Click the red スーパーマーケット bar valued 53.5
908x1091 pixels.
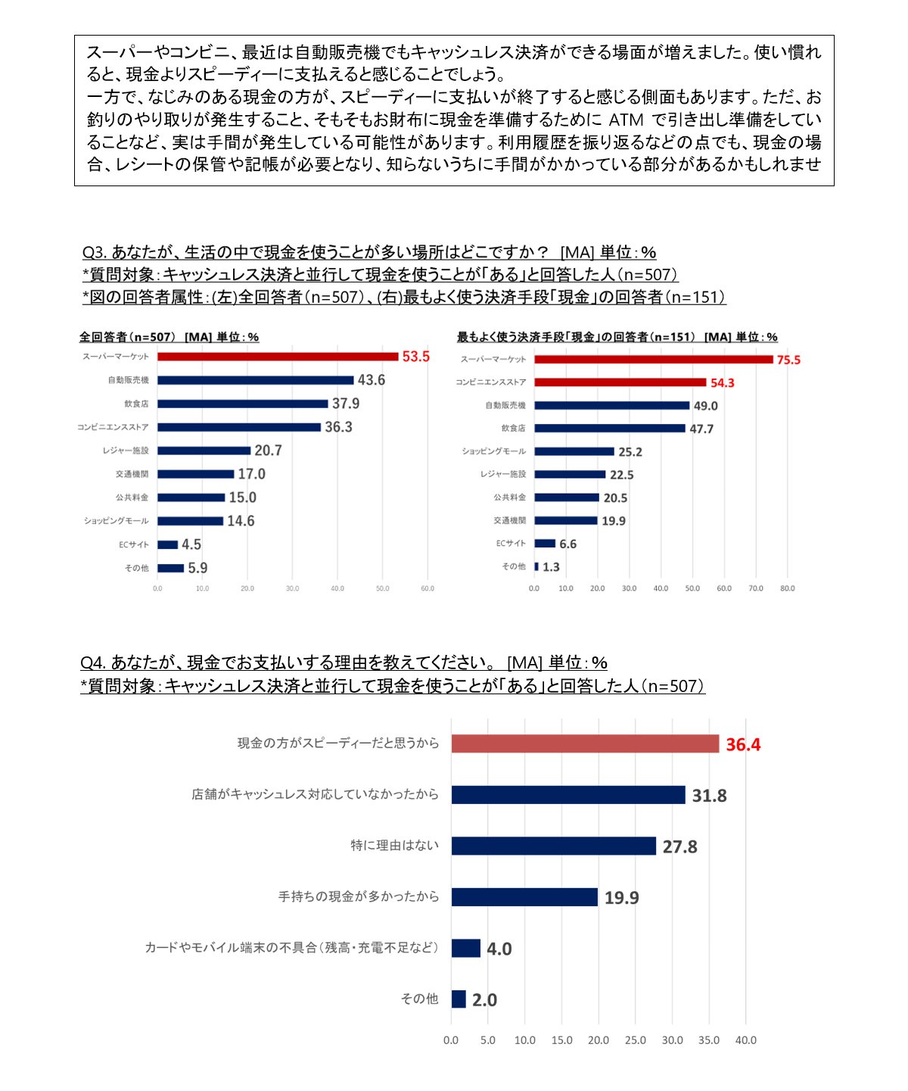(278, 357)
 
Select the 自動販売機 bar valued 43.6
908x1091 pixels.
(255, 380)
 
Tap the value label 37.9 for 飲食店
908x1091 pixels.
(346, 404)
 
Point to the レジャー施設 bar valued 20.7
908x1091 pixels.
(204, 450)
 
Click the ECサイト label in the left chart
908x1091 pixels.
(134, 544)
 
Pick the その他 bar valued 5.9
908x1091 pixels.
(171, 568)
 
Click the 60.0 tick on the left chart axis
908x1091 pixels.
(428, 588)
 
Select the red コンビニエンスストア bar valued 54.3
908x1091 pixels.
(620, 382)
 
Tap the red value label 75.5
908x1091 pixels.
(788, 360)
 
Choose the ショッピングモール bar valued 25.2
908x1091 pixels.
(574, 451)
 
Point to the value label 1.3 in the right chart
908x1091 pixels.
(551, 567)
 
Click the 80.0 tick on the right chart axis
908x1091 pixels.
(788, 588)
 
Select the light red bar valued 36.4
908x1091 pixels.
(586, 743)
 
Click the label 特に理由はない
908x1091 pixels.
(395, 846)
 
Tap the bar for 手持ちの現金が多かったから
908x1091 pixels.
(525, 897)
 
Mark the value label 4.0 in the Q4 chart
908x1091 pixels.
(499, 949)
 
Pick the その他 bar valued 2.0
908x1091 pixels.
(459, 999)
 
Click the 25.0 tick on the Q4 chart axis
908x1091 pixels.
(636, 1040)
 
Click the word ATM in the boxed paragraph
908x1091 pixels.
(626, 120)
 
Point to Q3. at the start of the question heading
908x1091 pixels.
(95, 252)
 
